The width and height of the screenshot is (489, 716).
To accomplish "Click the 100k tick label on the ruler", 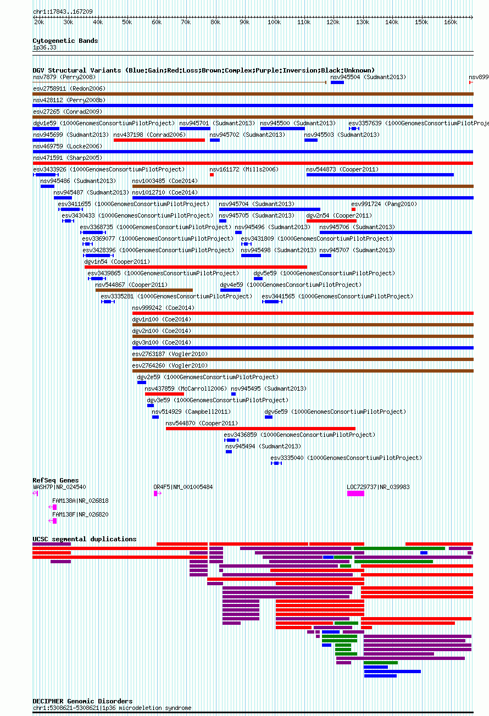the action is tap(274, 22).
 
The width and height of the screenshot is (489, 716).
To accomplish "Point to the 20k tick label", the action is tap(39, 22).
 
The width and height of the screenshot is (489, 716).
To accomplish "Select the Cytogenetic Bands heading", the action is tap(65, 41).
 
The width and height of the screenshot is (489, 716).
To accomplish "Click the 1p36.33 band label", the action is tap(45, 47).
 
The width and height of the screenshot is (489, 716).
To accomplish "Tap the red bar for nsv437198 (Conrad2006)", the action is tap(159, 140).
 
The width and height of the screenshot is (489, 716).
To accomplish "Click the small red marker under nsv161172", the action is tap(212, 175).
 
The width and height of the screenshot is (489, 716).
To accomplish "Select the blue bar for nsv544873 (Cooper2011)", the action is tap(380, 175).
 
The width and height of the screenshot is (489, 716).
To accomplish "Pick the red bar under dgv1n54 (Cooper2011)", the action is tap(196, 267).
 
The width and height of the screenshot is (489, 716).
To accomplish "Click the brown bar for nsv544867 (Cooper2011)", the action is tap(144, 290).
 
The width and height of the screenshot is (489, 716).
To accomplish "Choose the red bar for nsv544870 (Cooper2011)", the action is tap(260, 428).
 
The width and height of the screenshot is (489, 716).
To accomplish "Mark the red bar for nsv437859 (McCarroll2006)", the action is tap(164, 394).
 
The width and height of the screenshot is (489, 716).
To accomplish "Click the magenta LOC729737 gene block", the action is tap(355, 493).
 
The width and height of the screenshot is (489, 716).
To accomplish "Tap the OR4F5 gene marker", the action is tap(157, 493).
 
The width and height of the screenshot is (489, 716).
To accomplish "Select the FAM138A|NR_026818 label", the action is tap(80, 501).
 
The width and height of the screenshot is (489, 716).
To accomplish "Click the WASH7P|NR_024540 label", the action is tap(59, 487).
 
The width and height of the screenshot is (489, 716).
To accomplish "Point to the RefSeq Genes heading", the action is tap(55, 480).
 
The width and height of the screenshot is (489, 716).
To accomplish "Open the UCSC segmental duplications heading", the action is tap(85, 539).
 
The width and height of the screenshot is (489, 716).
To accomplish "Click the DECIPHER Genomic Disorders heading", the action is tap(82, 701).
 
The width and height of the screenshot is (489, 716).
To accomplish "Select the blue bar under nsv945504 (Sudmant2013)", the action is tap(337, 82).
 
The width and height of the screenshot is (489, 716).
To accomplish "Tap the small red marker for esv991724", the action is tap(353, 209).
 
